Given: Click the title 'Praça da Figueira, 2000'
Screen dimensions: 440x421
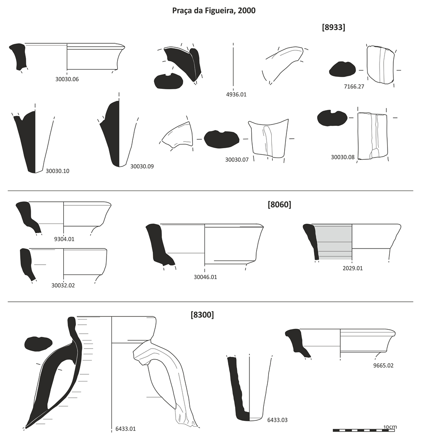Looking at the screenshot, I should pos(214,10).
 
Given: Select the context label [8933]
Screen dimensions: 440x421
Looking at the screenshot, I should pos(333,27).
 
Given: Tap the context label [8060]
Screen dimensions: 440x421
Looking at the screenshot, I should pos(279,205).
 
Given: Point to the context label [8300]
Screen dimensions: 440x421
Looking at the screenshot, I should pos(202,315).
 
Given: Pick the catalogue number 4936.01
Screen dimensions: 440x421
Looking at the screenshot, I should pos(236,94).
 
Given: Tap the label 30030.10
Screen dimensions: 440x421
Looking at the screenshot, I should pos(57,170).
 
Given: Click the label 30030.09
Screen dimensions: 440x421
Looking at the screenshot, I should pos(142,166).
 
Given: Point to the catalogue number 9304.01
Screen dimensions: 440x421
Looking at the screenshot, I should pos(64,239).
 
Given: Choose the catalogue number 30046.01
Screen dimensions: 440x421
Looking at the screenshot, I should pos(205,277).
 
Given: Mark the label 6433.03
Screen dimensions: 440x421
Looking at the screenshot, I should pos(277,420).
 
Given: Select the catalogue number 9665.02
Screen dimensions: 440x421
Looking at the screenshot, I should pos(383,365).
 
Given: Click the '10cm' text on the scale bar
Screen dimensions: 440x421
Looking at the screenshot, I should pos(390,427).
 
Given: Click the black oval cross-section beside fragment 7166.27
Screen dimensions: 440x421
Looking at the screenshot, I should pos(342,70).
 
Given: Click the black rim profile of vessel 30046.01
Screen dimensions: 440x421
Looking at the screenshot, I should pos(156,243).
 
